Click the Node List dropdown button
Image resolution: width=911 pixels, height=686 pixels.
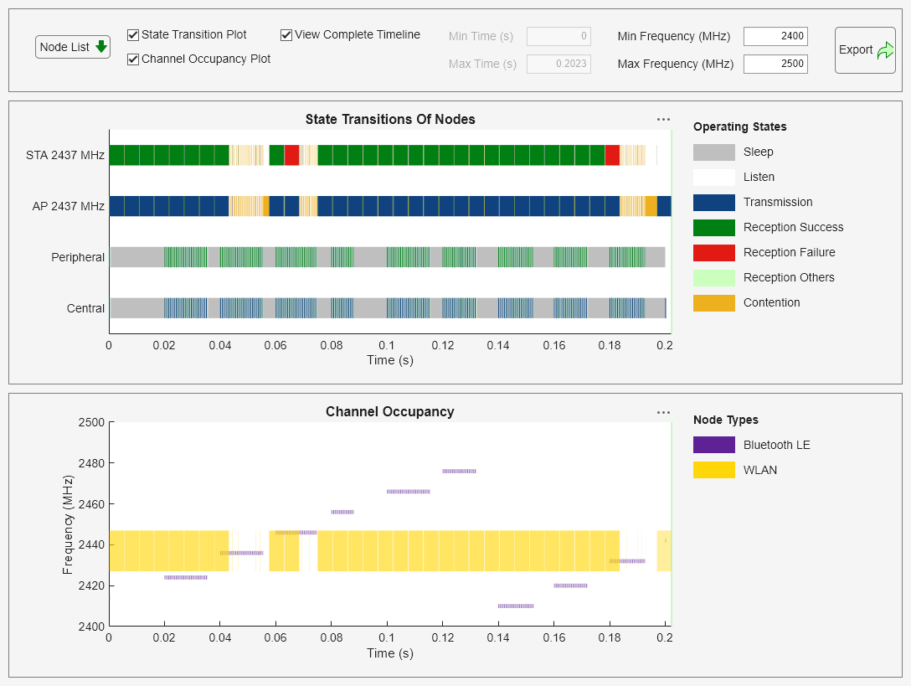(73, 47)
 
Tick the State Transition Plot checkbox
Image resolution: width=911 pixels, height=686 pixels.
(133, 35)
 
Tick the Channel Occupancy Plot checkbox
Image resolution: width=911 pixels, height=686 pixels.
(133, 59)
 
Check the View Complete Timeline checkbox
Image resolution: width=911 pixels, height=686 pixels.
(286, 35)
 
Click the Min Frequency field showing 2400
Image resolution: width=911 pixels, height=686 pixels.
(775, 36)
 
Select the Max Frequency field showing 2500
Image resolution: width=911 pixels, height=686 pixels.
(775, 64)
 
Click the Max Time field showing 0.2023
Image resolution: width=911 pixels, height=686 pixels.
(558, 64)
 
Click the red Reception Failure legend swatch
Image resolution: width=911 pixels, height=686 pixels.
(713, 252)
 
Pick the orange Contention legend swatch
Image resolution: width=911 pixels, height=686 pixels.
(713, 302)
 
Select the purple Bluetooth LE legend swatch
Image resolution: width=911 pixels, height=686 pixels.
(713, 445)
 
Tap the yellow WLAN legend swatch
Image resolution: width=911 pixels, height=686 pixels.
(713, 470)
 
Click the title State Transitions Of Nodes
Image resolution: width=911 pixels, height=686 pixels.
(390, 119)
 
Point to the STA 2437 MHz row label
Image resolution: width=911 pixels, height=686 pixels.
(65, 155)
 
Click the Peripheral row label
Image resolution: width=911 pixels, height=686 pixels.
(78, 257)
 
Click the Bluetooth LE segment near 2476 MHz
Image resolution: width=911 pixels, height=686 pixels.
(459, 472)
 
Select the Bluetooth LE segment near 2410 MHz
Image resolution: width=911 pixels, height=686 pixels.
(515, 606)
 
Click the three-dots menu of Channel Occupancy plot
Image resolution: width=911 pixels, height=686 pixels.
(663, 412)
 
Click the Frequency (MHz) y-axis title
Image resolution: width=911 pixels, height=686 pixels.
(69, 524)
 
